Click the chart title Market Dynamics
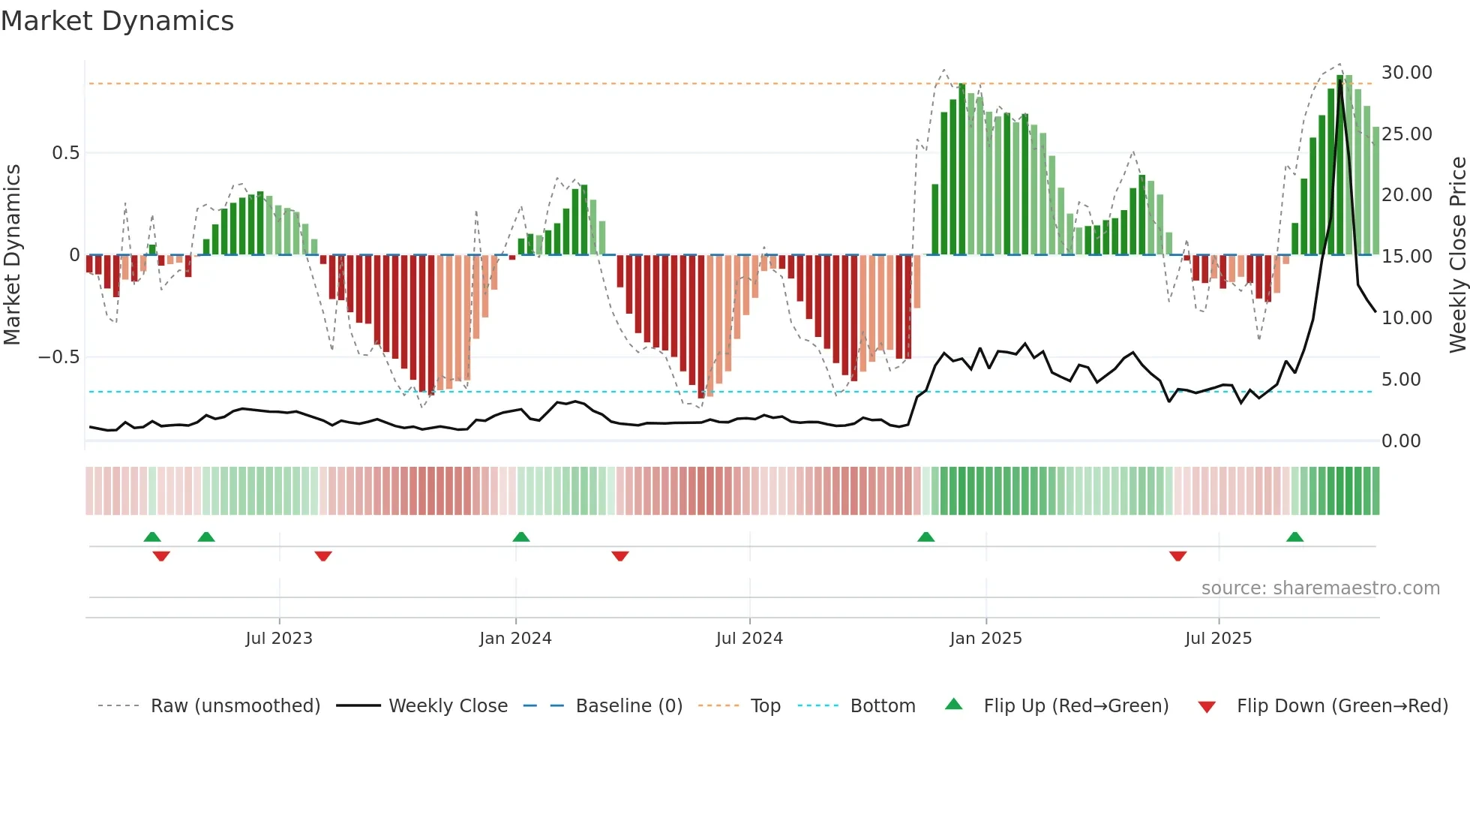pyautogui.click(x=117, y=21)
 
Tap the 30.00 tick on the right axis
pyautogui.click(x=1406, y=73)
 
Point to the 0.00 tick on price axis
pyautogui.click(x=1401, y=441)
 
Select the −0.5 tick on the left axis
pyautogui.click(x=59, y=357)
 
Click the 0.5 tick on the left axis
pyautogui.click(x=65, y=153)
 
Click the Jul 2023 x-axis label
pyautogui.click(x=279, y=639)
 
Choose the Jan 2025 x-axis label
pyautogui.click(x=985, y=639)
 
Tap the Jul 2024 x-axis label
pyautogui.click(x=749, y=639)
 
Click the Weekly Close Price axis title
pyautogui.click(x=1457, y=255)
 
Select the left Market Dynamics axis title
pyautogui.click(x=12, y=255)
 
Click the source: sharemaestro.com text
pyautogui.click(x=1320, y=588)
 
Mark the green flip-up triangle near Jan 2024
pyautogui.click(x=521, y=537)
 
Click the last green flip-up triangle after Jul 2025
pyautogui.click(x=1294, y=537)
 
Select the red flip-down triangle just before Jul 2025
pyautogui.click(x=1177, y=556)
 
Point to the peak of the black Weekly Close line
pyautogui.click(x=1340, y=81)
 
